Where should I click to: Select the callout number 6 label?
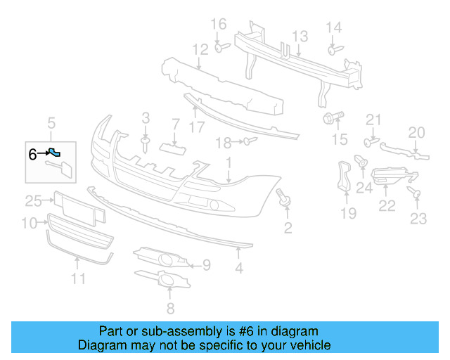click(x=32, y=153)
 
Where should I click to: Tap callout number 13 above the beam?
click(x=300, y=37)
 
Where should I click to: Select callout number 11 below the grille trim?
click(x=77, y=279)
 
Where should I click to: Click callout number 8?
click(x=169, y=308)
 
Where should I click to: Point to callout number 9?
click(x=205, y=264)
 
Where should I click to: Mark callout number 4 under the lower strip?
click(x=239, y=268)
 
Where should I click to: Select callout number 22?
click(x=387, y=206)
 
